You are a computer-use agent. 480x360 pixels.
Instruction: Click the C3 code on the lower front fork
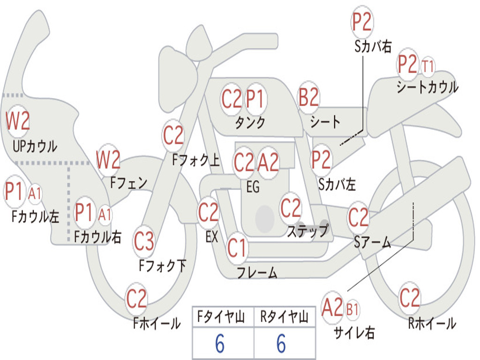tap(144, 241)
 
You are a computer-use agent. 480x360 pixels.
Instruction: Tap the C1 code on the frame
tap(237, 247)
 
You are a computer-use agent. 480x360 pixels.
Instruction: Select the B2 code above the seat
tap(308, 97)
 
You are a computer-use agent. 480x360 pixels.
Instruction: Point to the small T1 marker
tap(427, 67)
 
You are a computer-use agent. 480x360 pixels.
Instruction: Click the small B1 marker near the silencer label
tap(352, 310)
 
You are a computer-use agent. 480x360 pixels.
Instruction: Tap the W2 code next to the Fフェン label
tap(108, 159)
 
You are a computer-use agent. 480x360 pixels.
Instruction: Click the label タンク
tap(250, 122)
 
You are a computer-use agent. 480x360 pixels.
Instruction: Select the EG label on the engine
tap(253, 187)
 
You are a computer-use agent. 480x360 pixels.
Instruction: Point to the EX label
tap(211, 237)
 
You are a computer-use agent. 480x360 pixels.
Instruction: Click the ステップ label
tap(307, 231)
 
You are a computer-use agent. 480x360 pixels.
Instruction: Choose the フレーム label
tap(257, 272)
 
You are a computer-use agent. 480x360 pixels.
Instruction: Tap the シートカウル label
tap(427, 87)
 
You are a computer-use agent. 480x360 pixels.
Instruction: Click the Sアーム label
tap(373, 242)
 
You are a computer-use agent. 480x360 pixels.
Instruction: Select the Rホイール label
tap(432, 323)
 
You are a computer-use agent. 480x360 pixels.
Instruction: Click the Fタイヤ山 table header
tap(221, 316)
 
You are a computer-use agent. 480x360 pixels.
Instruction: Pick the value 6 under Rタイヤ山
tap(281, 343)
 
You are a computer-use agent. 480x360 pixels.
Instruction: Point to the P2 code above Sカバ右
tap(362, 22)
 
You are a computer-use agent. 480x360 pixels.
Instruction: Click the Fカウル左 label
tap(35, 216)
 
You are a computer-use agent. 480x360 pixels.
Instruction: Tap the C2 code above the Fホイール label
tap(136, 298)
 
